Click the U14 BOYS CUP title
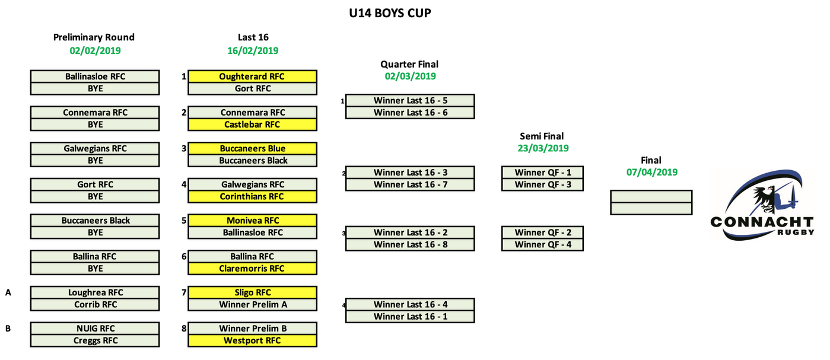(390, 13)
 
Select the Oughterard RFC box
(252, 77)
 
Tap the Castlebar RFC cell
(252, 125)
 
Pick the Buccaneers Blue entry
(252, 148)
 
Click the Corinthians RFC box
(252, 196)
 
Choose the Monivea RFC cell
(252, 221)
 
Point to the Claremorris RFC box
(252, 269)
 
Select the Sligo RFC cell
(252, 292)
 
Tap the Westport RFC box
(252, 340)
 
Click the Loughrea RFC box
(95, 292)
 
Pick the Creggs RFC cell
(95, 340)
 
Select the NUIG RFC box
(95, 329)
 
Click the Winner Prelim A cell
(252, 305)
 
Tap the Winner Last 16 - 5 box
(410, 100)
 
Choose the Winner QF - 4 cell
(543, 244)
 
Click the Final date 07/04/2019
(651, 172)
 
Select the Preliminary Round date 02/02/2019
(95, 50)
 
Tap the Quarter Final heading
(409, 64)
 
